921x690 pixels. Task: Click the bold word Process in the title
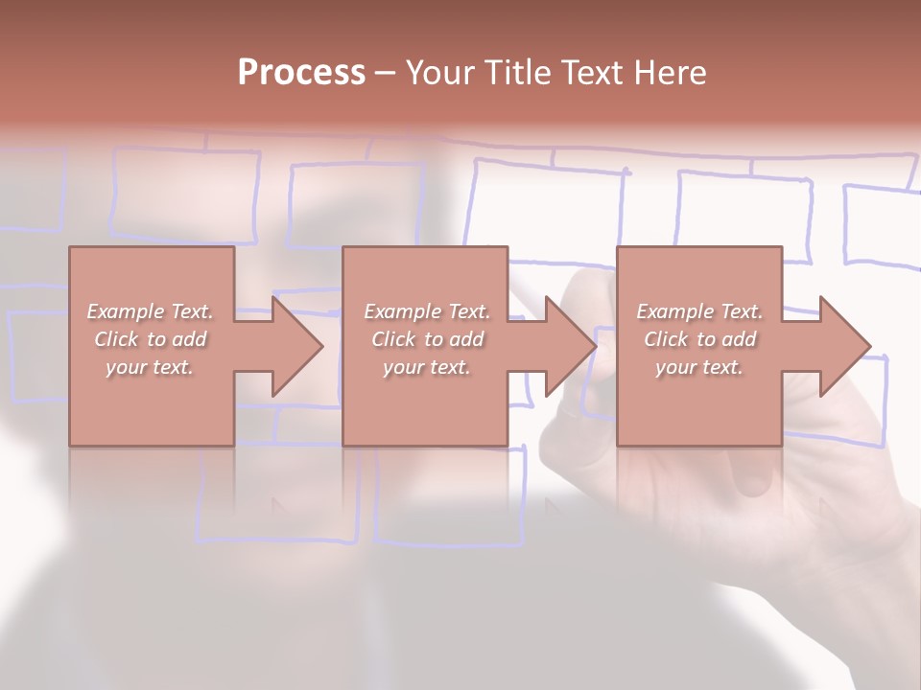point(301,73)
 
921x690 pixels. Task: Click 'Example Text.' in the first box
point(151,311)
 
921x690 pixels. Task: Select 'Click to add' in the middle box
point(427,339)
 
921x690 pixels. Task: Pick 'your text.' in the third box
point(699,367)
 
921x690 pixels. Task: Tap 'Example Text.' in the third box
point(699,311)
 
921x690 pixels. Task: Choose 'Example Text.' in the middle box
point(427,311)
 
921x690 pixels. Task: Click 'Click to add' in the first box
point(151,339)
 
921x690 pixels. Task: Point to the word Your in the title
point(440,73)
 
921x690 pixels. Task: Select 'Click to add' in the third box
point(699,339)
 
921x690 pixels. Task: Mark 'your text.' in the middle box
point(427,367)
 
